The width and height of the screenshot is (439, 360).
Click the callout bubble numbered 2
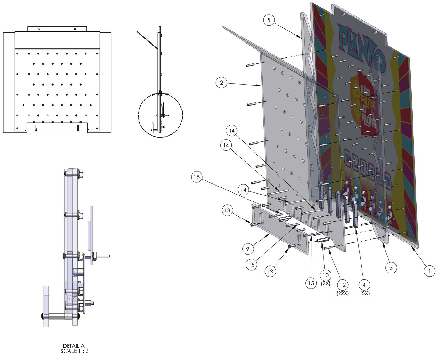point(222,83)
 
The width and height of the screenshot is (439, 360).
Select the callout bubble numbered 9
point(248,249)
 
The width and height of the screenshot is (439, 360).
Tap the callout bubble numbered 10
point(326,275)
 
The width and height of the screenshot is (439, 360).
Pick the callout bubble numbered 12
point(343,285)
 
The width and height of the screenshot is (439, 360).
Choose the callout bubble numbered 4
point(364,285)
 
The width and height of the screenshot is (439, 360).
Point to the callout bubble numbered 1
point(429,271)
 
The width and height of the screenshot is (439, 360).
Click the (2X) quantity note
point(326,283)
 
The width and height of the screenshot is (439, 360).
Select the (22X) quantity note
point(343,293)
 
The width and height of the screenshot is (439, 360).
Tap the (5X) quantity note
point(365,293)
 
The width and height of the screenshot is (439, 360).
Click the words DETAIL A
point(74,346)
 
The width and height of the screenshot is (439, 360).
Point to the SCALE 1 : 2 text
point(75,351)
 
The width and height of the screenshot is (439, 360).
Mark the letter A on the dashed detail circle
point(160,92)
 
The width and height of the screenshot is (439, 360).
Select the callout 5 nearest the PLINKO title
point(269,20)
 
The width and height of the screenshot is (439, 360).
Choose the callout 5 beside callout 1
point(391,267)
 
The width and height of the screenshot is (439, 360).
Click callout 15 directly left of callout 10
point(311,283)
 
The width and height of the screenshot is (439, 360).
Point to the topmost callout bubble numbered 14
point(232,130)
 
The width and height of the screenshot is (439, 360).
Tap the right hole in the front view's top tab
point(75,29)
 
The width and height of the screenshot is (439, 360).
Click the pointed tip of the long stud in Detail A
point(110,257)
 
